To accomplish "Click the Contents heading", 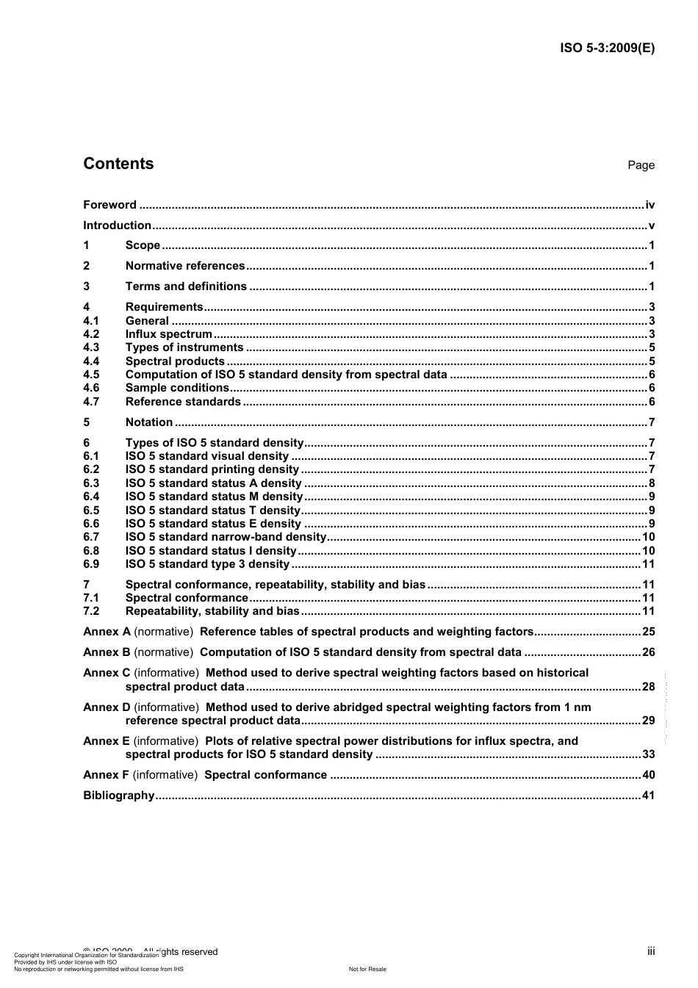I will coord(118,164).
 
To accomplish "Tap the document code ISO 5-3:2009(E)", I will coord(607,48).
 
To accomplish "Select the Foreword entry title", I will coord(109,205).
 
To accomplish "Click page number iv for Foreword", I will coord(650,205).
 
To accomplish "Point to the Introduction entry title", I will coord(117,226).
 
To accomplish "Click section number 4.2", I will coord(91,334).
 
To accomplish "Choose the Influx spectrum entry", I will coord(168,334).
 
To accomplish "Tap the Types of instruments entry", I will coord(184,347).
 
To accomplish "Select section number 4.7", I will coord(91,402).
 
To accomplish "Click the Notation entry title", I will coord(149,422).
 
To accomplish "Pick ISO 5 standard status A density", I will coord(213,483).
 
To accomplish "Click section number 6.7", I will coord(91,537).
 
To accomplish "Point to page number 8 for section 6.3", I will coord(652,483).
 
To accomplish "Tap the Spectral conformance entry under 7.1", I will coord(187,598).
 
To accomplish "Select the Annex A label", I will coord(107,632).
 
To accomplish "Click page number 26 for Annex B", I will coord(648,652).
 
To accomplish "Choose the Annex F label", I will coord(107,775).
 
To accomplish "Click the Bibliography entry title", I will coord(118,796).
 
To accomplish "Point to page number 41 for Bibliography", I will coord(648,796).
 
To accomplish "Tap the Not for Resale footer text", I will coord(367,969).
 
